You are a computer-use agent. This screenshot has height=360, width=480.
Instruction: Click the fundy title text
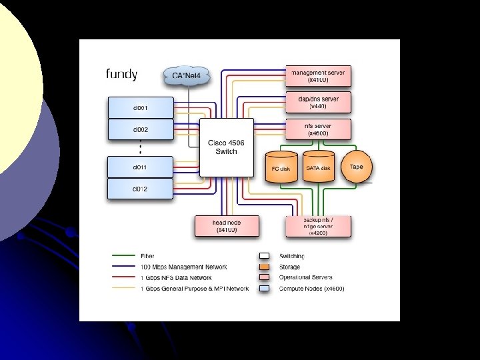[121, 73]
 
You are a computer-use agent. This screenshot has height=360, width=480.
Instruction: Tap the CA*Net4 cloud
[187, 75]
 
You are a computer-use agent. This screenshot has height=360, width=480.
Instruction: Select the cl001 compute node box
[141, 107]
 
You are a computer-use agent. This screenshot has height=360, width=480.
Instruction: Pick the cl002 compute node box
[141, 129]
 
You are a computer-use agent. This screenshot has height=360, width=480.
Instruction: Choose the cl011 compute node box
[141, 167]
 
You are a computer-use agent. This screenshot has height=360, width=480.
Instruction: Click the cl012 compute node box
[141, 189]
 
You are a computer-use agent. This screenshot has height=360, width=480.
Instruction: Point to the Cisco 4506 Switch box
[227, 147]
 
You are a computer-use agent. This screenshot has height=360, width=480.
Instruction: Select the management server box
[318, 75]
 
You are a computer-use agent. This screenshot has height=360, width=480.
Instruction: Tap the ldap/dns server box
[318, 102]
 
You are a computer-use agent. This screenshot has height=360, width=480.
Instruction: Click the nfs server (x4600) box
[318, 129]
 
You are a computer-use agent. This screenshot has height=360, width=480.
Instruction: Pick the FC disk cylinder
[281, 167]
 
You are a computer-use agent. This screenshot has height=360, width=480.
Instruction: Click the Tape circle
[357, 166]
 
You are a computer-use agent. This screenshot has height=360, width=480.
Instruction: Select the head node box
[227, 226]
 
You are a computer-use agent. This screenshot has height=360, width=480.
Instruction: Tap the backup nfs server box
[318, 226]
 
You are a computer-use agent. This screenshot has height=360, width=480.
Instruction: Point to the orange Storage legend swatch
[264, 266]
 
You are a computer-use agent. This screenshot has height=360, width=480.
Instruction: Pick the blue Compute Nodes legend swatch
[264, 288]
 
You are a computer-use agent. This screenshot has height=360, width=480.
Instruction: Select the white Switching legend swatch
[264, 255]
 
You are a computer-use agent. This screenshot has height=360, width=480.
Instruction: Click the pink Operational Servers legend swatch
[264, 277]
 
